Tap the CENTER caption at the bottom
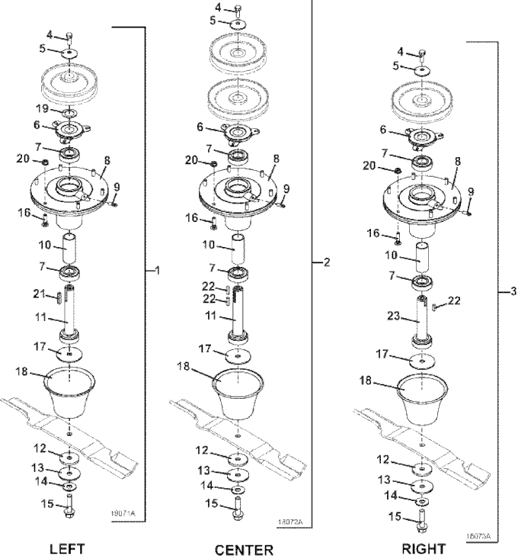[x=243, y=550]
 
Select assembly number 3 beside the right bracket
[x=513, y=291]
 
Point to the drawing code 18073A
[x=478, y=536]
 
